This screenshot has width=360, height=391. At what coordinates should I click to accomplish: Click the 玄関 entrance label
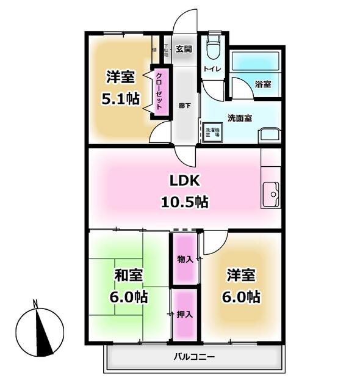(x=184, y=49)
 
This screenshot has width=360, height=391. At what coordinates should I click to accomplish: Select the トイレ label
(x=212, y=70)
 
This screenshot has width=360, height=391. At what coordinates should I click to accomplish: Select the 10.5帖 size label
(x=185, y=202)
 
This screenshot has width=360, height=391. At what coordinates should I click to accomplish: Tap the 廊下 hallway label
(x=184, y=105)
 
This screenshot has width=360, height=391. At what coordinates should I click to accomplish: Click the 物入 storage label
(x=184, y=259)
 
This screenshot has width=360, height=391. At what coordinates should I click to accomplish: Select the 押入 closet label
(x=184, y=315)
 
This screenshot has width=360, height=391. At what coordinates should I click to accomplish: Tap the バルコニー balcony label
(x=193, y=356)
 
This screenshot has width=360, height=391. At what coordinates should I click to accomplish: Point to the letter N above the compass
(x=37, y=303)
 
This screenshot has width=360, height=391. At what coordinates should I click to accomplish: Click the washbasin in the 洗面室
(x=268, y=135)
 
